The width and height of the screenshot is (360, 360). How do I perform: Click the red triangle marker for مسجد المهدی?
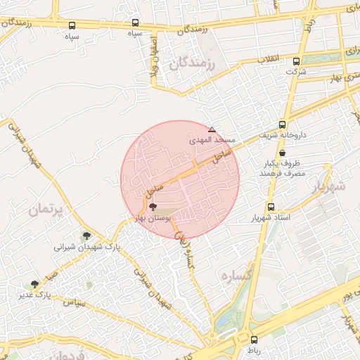click(212, 129)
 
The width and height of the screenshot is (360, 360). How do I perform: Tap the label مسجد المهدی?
click(210, 141)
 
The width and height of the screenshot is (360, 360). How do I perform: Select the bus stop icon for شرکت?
click(296, 61)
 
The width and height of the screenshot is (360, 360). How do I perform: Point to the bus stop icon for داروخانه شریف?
click(282, 124)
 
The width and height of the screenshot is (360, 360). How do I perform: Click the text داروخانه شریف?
click(284, 134)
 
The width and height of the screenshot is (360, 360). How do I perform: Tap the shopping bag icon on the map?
click(282, 153)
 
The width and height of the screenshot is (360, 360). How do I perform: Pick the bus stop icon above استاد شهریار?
click(271, 207)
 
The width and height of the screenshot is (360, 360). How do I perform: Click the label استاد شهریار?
click(271, 218)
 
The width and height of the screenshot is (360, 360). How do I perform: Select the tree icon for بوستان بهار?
click(153, 207)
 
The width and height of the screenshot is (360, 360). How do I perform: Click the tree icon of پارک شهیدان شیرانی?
click(86, 236)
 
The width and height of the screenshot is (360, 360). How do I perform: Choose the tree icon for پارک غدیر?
click(35, 283)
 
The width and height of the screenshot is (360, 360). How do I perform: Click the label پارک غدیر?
click(36, 294)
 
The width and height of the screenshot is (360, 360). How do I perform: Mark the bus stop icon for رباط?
click(254, 340)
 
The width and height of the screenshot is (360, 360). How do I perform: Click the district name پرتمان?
click(46, 210)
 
